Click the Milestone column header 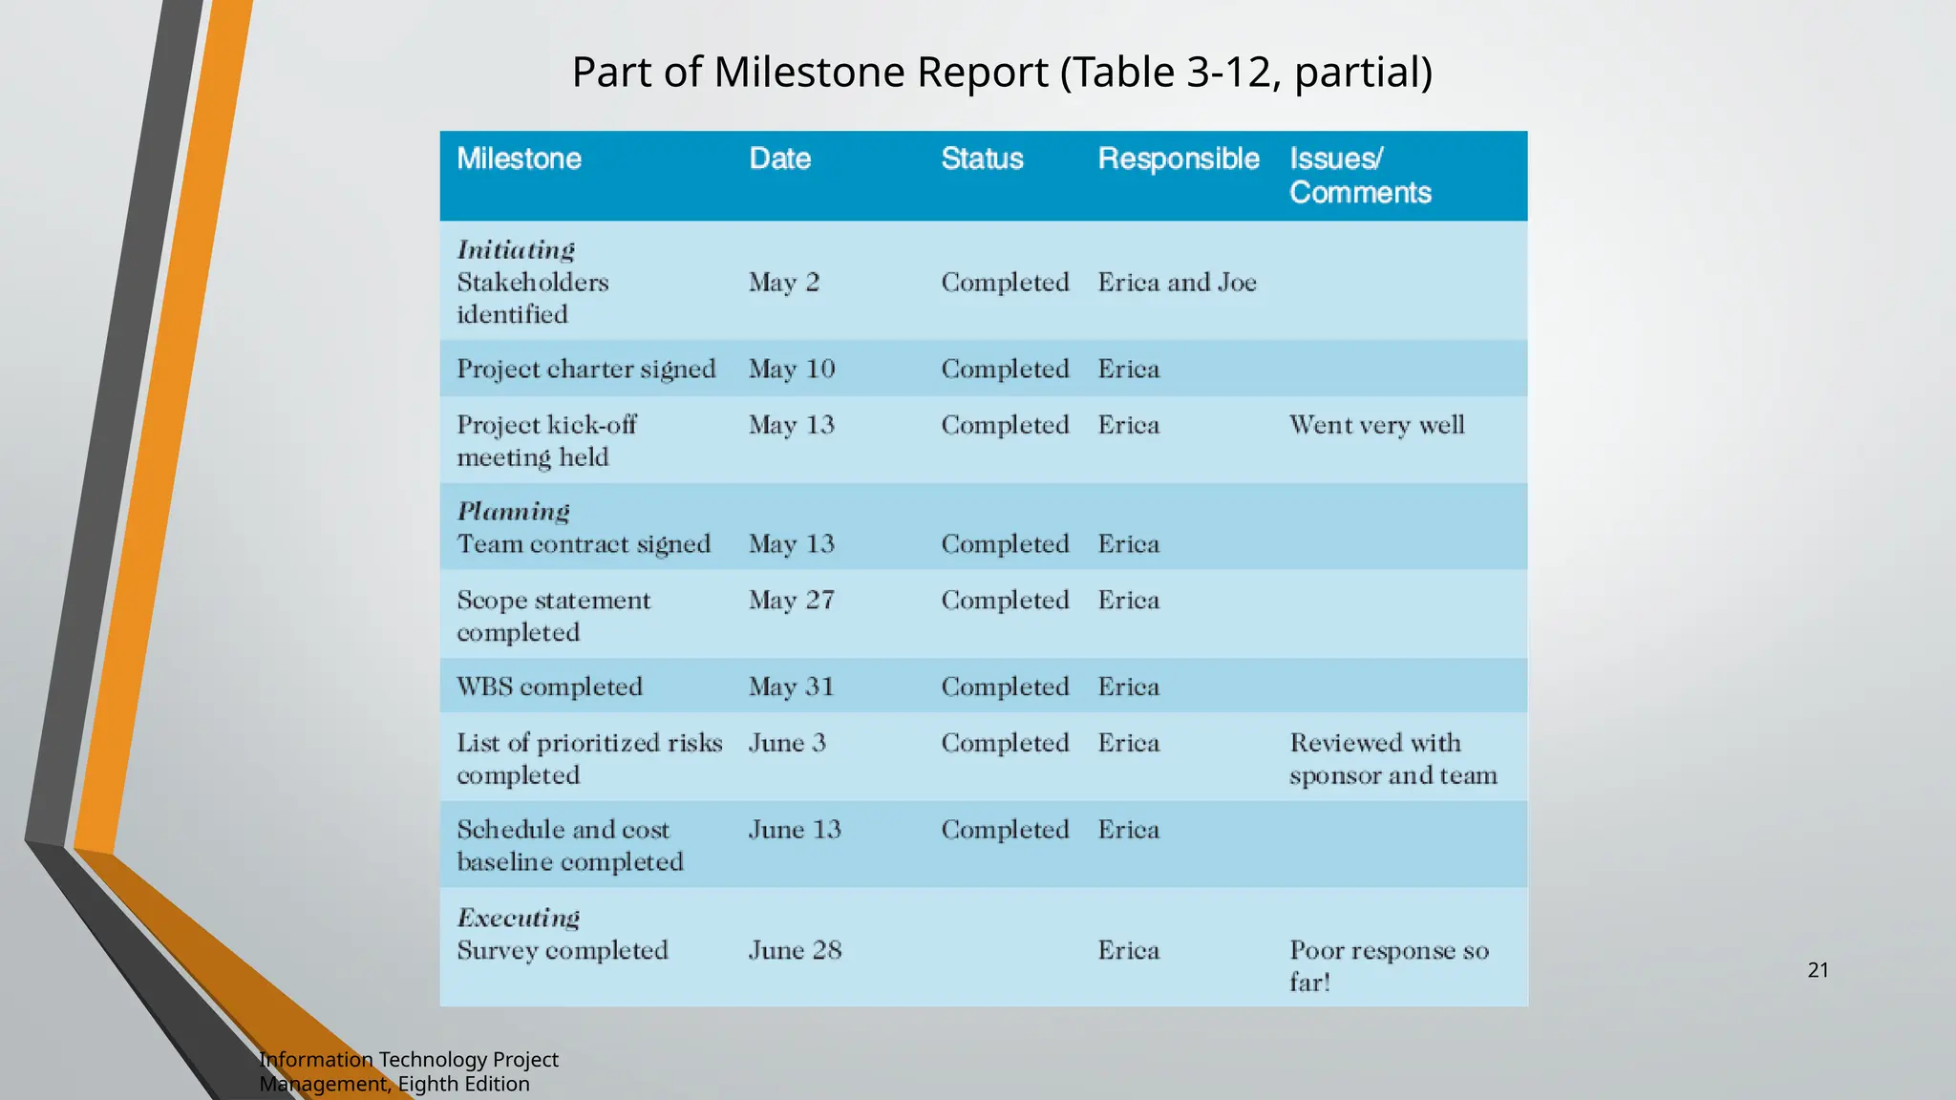(519, 159)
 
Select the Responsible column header (1178, 159)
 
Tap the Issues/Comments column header (1359, 176)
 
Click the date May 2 (783, 283)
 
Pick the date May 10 (791, 370)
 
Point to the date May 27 (791, 601)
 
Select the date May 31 (791, 687)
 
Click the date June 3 (787, 743)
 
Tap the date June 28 (795, 950)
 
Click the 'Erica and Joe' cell (1177, 283)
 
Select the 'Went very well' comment (1376, 425)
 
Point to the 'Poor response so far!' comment (1388, 965)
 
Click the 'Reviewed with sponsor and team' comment (1393, 759)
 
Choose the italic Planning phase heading (513, 512)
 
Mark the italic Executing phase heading (518, 919)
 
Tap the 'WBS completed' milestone (549, 687)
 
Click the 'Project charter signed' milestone (585, 370)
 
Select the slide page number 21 (1818, 970)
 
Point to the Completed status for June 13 (1005, 830)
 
